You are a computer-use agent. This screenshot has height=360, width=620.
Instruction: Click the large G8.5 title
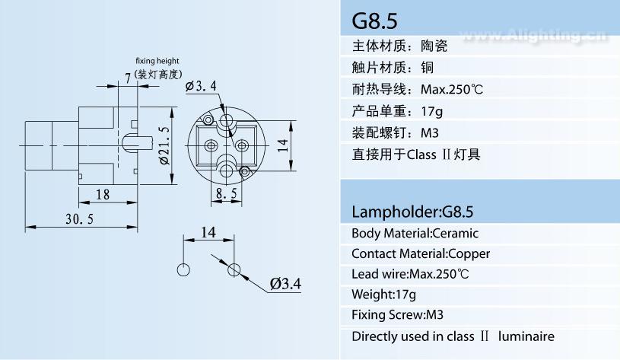tap(374, 21)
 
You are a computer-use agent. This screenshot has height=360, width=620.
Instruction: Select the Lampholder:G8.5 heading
tap(412, 212)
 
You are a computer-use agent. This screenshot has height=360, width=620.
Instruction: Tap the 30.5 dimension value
tap(79, 218)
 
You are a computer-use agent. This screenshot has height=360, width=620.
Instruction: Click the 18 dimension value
tap(103, 194)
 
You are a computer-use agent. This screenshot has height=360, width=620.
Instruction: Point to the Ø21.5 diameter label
tap(164, 145)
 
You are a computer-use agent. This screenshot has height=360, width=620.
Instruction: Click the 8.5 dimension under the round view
tap(227, 193)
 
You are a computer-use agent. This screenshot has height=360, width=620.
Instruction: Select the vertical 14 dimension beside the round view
tap(282, 145)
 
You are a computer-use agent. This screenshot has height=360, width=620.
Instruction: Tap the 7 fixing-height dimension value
tap(128, 78)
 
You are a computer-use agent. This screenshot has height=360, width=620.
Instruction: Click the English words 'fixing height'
tap(157, 61)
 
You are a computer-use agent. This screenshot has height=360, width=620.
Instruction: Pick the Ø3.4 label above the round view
tap(201, 86)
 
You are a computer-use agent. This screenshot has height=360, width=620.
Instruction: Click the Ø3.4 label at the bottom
tap(285, 283)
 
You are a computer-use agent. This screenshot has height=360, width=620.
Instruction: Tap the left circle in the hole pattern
tap(183, 269)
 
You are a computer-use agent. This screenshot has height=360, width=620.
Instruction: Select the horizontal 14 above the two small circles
tap(208, 232)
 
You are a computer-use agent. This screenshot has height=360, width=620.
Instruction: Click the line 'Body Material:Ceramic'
tap(415, 233)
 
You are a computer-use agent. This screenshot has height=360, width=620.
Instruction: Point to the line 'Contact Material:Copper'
tap(421, 253)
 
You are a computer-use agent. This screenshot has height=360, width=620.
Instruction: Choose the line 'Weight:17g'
tap(383, 295)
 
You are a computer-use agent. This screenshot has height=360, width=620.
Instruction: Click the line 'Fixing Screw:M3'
tap(397, 314)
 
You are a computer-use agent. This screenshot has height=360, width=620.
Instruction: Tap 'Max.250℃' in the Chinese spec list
tap(452, 89)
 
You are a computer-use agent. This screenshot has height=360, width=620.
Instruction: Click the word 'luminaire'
tap(526, 336)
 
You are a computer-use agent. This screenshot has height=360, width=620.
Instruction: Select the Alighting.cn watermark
tap(535, 36)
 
